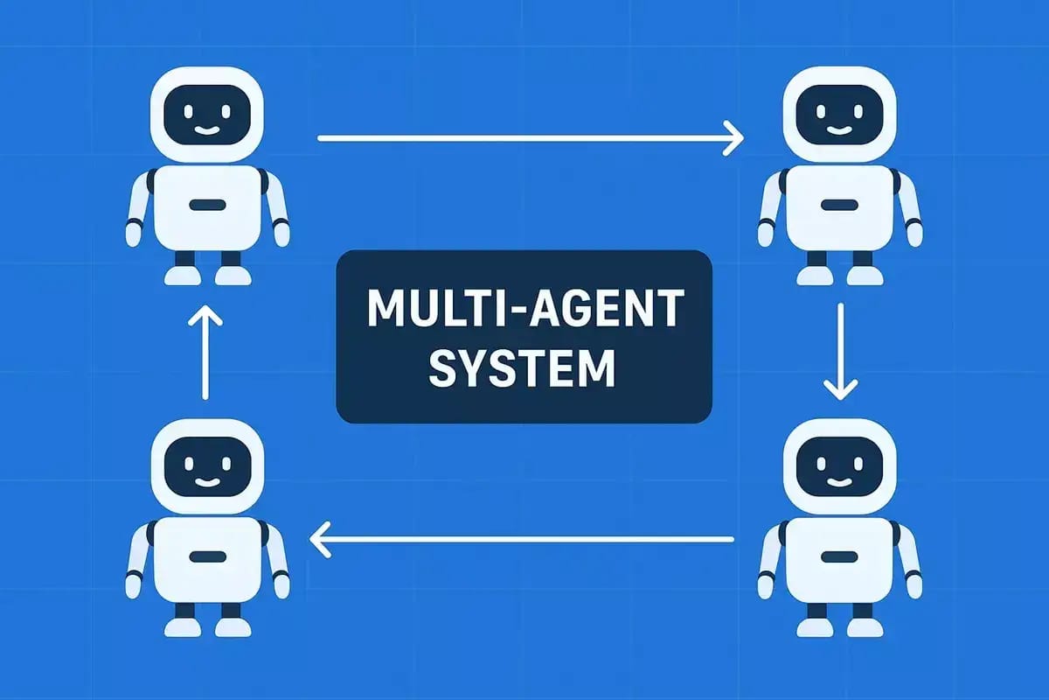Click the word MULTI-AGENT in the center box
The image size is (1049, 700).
[x=525, y=308]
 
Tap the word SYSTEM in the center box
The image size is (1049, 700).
[x=522, y=369]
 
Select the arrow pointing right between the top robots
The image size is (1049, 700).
[x=531, y=138]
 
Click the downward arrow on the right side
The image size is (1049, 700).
[x=841, y=352]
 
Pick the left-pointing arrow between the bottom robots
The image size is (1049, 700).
[x=521, y=540]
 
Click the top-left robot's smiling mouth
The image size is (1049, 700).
[x=207, y=129]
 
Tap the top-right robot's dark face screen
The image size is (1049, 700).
[x=839, y=115]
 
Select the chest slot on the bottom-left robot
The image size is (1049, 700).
[x=208, y=556]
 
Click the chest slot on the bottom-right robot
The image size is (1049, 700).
[x=840, y=556]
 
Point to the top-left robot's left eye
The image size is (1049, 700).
[x=188, y=112]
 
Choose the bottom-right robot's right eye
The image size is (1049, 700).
[x=858, y=464]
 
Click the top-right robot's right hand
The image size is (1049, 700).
[x=915, y=234]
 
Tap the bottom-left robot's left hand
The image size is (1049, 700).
[x=134, y=586]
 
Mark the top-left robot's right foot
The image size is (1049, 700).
[x=233, y=276]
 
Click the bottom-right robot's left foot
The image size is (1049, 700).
[x=815, y=627]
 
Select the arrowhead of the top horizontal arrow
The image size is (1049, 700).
[x=733, y=138]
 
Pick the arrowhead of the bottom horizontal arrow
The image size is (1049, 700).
[x=319, y=540]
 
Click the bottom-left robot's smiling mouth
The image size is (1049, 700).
[x=207, y=482]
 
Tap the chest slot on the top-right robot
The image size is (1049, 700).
[x=840, y=205]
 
